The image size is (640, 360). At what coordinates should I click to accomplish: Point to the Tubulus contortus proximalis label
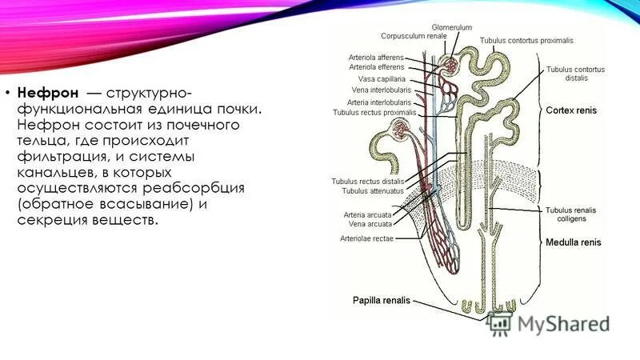(x=526, y=40)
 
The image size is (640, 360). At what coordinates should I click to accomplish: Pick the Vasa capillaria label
(x=382, y=79)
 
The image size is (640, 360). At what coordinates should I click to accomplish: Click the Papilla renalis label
(x=381, y=301)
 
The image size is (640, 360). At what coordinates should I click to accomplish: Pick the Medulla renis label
(x=573, y=242)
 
